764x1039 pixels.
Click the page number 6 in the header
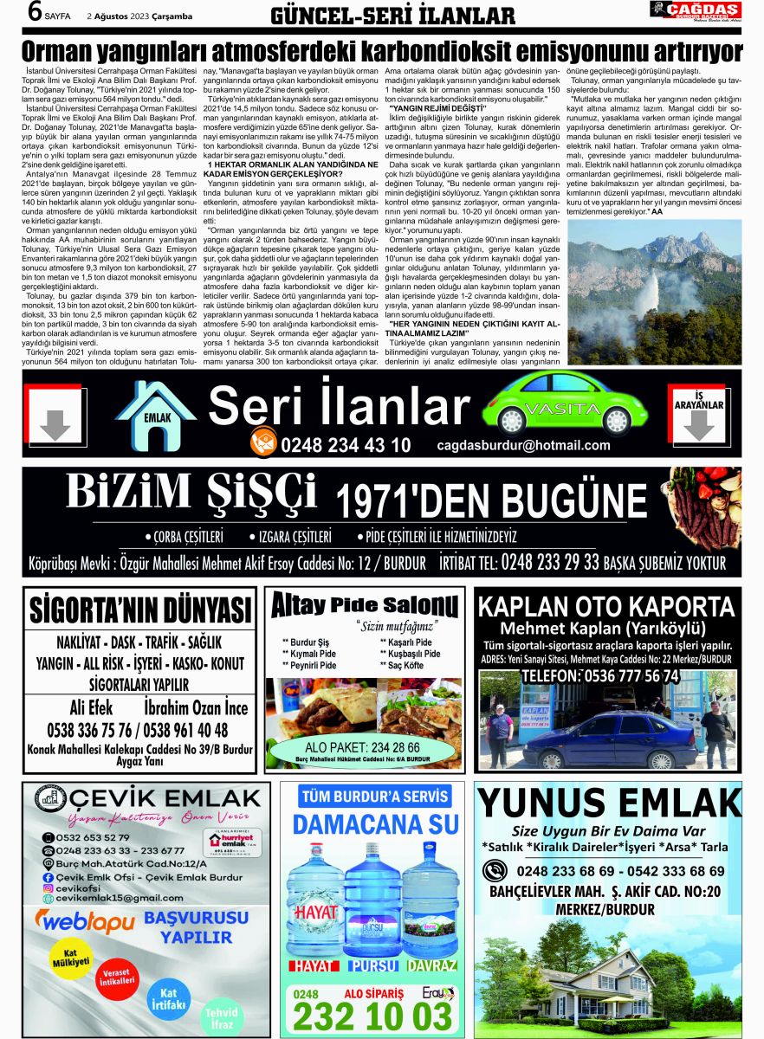pos(35,13)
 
